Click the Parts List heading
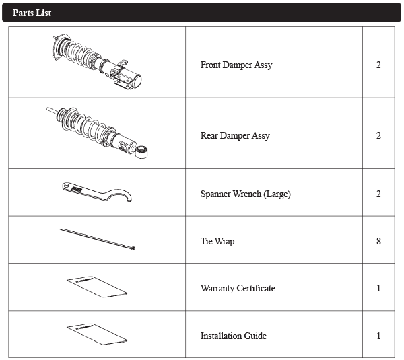click(x=32, y=13)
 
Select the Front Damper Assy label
click(x=236, y=65)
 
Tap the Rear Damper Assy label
click(x=235, y=135)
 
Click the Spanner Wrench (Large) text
click(x=246, y=194)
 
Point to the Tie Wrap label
click(x=217, y=242)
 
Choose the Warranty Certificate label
click(x=238, y=288)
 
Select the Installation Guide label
click(x=234, y=336)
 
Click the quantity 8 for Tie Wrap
click(x=378, y=241)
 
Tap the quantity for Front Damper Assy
click(x=378, y=65)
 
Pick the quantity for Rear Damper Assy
click(x=378, y=135)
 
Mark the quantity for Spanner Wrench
click(x=378, y=194)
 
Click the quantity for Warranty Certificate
click(x=378, y=288)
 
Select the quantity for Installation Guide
click(x=378, y=336)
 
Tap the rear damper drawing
click(x=96, y=132)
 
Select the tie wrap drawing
click(x=97, y=240)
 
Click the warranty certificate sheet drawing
click(x=97, y=287)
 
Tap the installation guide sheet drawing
click(x=97, y=334)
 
